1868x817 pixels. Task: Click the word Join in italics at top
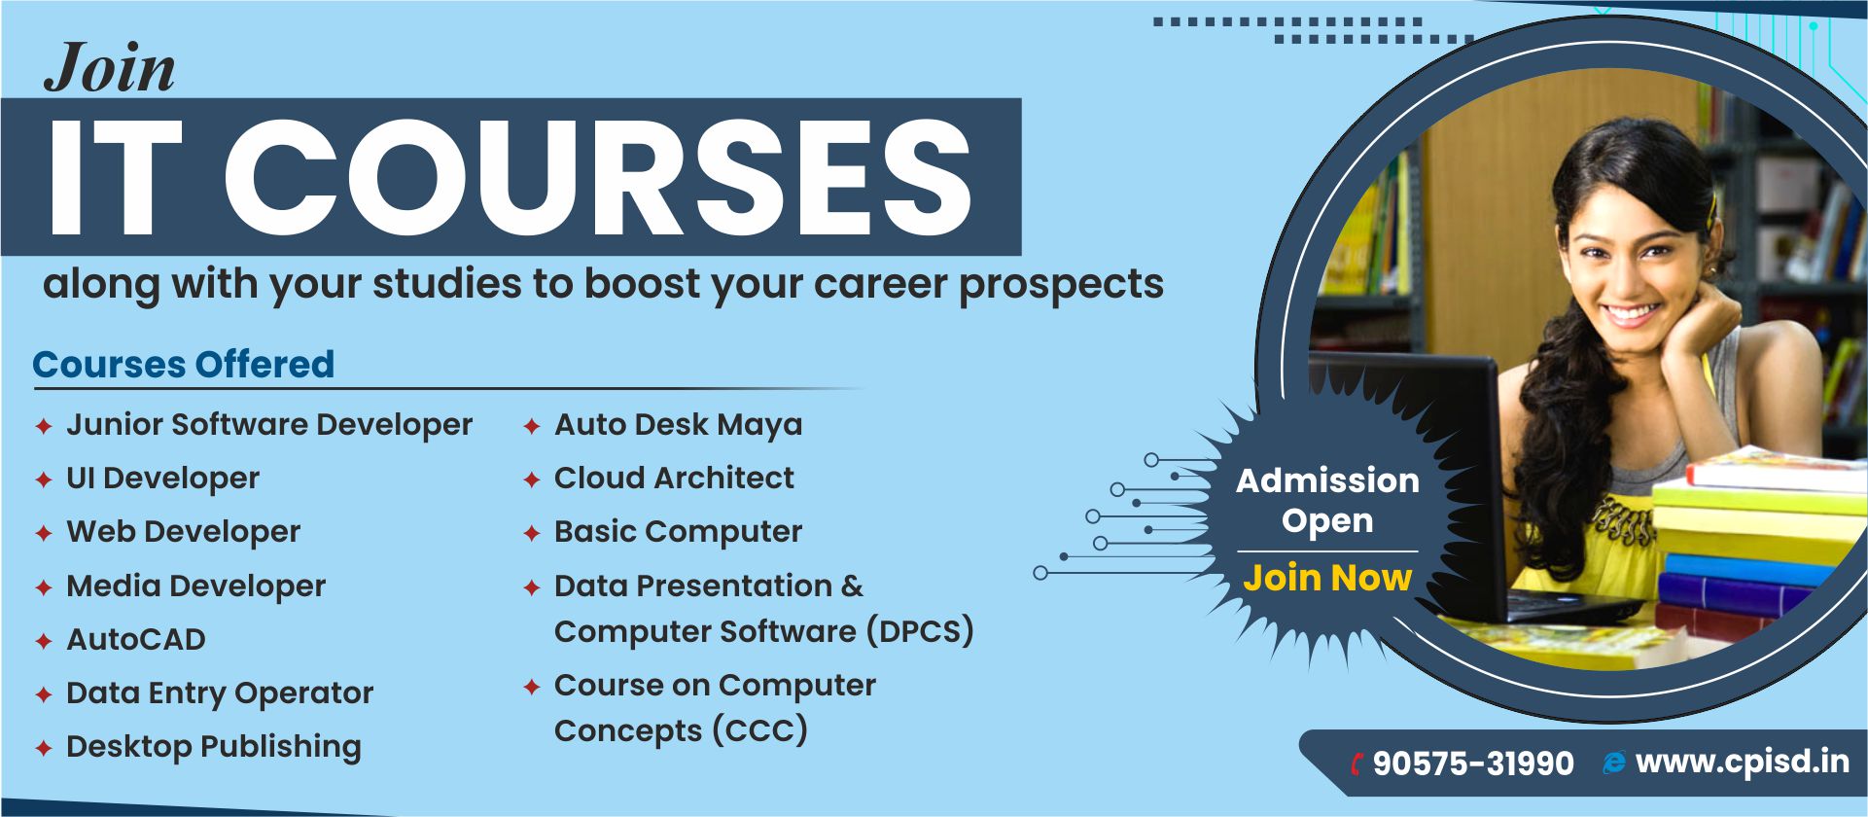[110, 70]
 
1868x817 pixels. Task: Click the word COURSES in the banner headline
[598, 177]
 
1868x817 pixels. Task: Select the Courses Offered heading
[184, 365]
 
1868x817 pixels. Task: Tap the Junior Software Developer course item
[269, 425]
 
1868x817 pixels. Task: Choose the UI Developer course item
[163, 479]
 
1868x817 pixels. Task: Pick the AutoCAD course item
[136, 639]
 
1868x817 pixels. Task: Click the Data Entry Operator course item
[220, 693]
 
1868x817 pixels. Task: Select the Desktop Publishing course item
[214, 747]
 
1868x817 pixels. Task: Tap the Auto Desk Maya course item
[679, 425]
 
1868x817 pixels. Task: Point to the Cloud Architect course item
[674, 479]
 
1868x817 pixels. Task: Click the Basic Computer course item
[679, 532]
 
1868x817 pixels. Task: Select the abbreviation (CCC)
[759, 730]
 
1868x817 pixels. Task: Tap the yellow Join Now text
[1327, 578]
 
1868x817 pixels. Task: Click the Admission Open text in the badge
[1327, 500]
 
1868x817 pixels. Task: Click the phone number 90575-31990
[1473, 764]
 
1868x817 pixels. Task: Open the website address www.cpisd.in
[1743, 762]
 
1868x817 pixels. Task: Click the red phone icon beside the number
[1357, 764]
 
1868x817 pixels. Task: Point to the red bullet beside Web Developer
[44, 534]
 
